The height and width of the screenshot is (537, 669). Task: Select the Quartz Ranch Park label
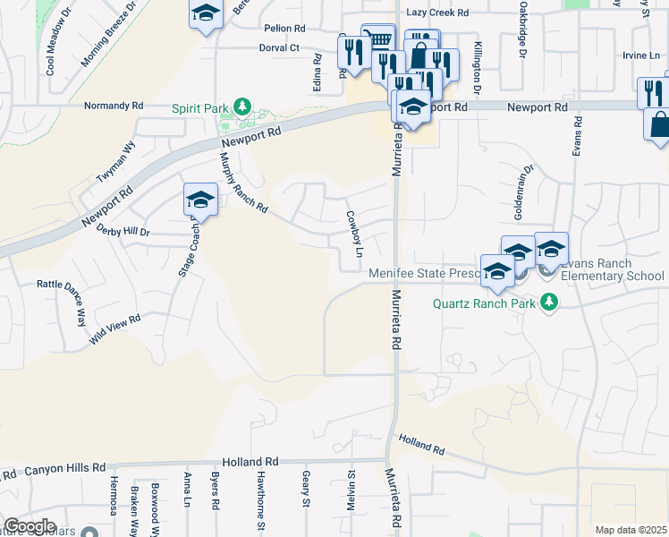(x=484, y=303)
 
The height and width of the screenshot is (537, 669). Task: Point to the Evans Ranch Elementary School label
(x=613, y=270)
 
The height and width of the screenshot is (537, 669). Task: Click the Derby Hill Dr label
(x=123, y=229)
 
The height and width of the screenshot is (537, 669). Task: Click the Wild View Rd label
(x=115, y=330)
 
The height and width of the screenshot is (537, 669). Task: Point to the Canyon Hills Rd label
(x=64, y=469)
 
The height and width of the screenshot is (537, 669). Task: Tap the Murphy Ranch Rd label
(x=243, y=183)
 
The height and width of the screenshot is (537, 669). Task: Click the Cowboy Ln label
(x=352, y=229)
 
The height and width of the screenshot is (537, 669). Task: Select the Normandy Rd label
(x=113, y=106)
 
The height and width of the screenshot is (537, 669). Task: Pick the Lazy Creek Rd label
(x=437, y=13)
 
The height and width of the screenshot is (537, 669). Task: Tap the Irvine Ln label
(x=641, y=55)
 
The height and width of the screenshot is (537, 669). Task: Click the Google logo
(x=30, y=526)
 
